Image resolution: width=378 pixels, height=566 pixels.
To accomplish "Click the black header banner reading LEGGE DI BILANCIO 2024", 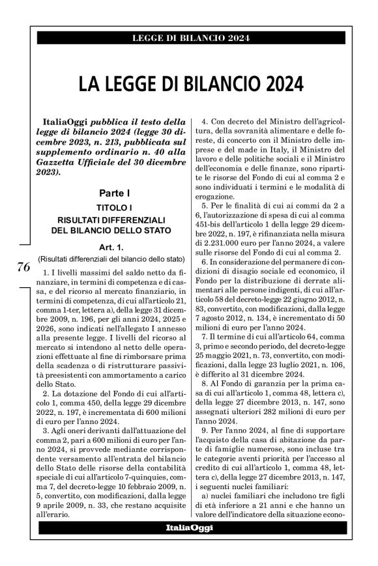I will (x=191, y=38).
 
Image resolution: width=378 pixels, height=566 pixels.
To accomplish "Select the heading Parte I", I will (x=115, y=193).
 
